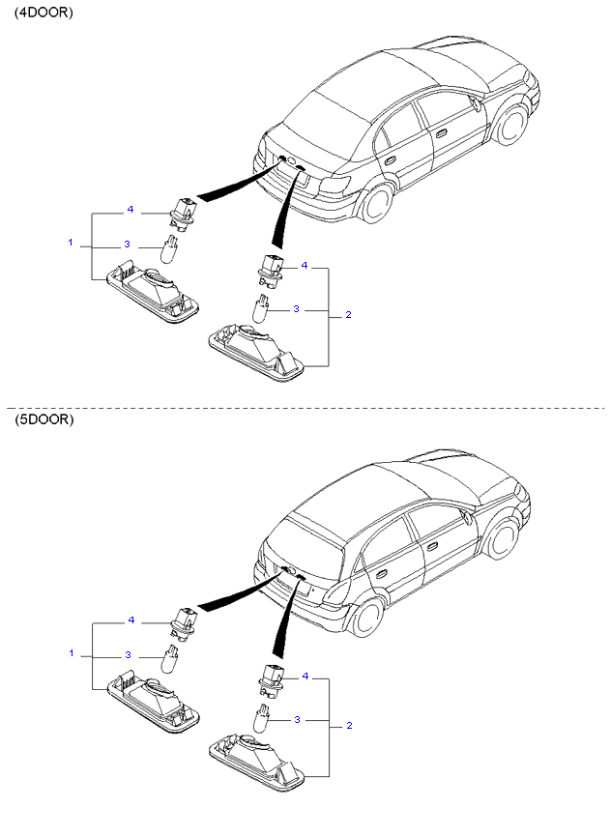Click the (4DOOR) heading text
click(x=44, y=13)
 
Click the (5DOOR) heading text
click(x=44, y=419)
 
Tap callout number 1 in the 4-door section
click(x=71, y=243)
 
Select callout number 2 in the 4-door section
click(x=349, y=314)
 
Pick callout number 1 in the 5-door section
click(x=72, y=653)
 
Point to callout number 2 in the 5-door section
click(x=349, y=725)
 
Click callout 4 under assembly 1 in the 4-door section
click(x=131, y=210)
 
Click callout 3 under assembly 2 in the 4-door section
click(x=297, y=308)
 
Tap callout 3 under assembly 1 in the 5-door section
click(x=128, y=654)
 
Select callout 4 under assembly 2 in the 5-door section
click(x=305, y=677)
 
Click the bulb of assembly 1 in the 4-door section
click(x=169, y=248)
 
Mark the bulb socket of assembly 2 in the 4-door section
click(x=271, y=271)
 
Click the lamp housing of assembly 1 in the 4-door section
click(x=153, y=291)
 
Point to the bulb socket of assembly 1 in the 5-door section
click(x=184, y=620)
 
